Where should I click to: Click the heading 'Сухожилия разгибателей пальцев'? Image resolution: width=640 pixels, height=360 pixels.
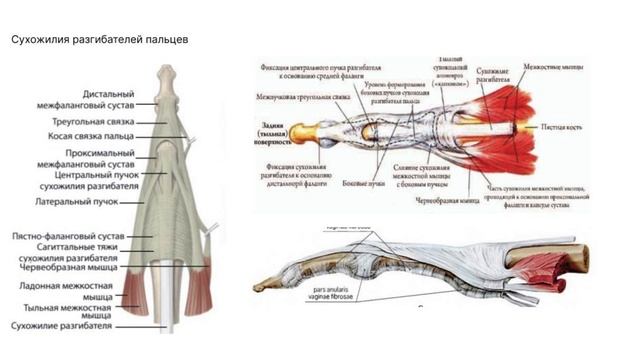98,39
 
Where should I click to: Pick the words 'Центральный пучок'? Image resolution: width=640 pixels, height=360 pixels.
95,174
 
